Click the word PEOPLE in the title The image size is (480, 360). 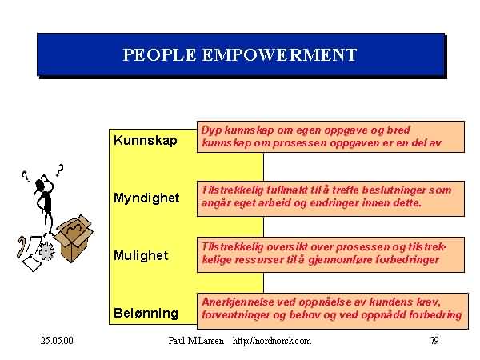pyautogui.click(x=159, y=55)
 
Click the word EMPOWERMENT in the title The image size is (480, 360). pyautogui.click(x=279, y=55)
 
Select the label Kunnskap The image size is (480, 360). pyautogui.click(x=146, y=141)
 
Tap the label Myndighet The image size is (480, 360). pyautogui.click(x=146, y=198)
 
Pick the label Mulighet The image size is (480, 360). pyautogui.click(x=141, y=255)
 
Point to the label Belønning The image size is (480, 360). pyautogui.click(x=146, y=313)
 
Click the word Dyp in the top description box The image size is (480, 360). pyautogui.click(x=212, y=130)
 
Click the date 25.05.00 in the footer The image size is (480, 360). pyautogui.click(x=57, y=341)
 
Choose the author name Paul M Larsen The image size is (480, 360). pyautogui.click(x=196, y=341)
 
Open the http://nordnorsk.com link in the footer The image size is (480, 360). pyautogui.click(x=272, y=341)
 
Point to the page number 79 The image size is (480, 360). pyautogui.click(x=434, y=340)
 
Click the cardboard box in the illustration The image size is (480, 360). pyautogui.click(x=74, y=238)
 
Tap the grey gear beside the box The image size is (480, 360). pyautogui.click(x=46, y=250)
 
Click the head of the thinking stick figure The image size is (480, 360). pyautogui.click(x=40, y=185)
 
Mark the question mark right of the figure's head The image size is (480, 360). pyautogui.click(x=60, y=170)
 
